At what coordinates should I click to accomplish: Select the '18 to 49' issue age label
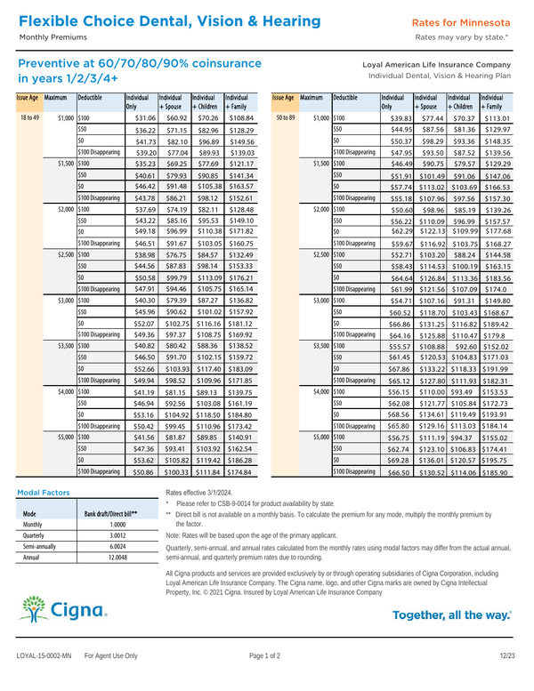pyautogui.click(x=29, y=117)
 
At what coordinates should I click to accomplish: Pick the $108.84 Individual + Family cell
pyautogui.click(x=240, y=117)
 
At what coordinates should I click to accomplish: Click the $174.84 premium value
pyautogui.click(x=240, y=471)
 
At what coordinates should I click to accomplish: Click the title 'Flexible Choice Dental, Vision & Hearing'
pyautogui.click(x=165, y=20)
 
